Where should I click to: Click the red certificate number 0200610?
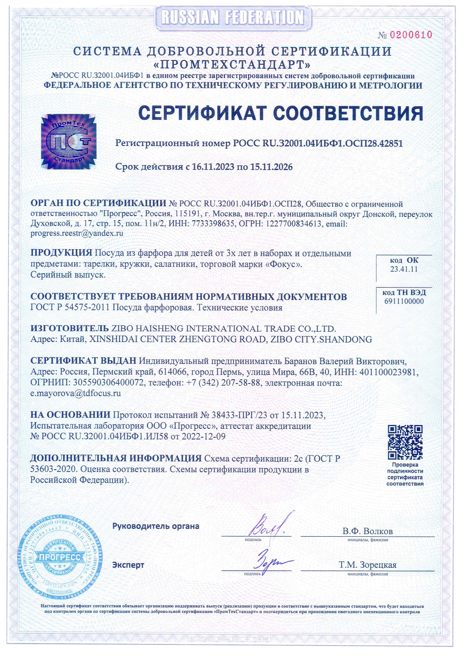pos(411,35)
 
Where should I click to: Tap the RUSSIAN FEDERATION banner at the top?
pos(233,17)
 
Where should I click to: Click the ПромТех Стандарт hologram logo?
pos(69,141)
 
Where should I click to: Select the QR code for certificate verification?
pos(405,442)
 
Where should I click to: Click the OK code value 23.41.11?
pos(404,269)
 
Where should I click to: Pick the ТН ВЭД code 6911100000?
pos(404,301)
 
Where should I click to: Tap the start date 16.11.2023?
pos(213,167)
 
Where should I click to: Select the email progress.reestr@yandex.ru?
pos(77,233)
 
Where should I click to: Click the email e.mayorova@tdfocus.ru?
pos(75,393)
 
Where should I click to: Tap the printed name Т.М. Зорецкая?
pos(367,565)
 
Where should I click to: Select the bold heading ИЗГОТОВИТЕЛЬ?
pos(69,329)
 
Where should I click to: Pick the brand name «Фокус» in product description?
pos(284,264)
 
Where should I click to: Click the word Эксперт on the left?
pos(128,565)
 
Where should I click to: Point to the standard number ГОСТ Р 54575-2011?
pos(70,308)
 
